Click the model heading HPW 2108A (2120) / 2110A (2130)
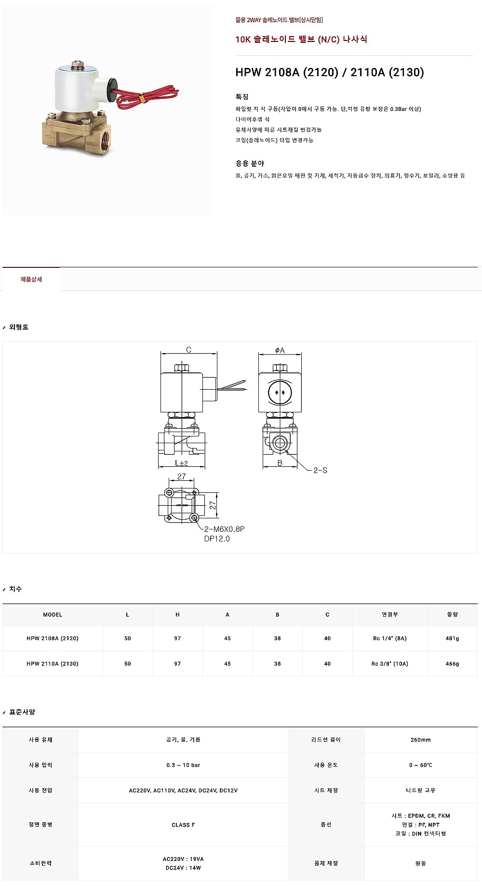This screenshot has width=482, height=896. pyautogui.click(x=330, y=72)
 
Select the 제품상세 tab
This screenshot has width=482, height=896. pyautogui.click(x=31, y=279)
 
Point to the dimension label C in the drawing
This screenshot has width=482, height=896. pyautogui.click(x=188, y=350)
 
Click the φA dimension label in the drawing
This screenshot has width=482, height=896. pyautogui.click(x=280, y=350)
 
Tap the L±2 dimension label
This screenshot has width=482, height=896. pyautogui.click(x=181, y=463)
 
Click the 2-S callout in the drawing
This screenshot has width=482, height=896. pyautogui.click(x=320, y=470)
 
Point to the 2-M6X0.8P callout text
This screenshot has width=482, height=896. pyautogui.click(x=225, y=529)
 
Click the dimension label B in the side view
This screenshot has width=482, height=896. pyautogui.click(x=280, y=463)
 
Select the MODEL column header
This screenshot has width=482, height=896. pyautogui.click(x=53, y=615)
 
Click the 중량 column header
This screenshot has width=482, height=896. pyautogui.click(x=453, y=615)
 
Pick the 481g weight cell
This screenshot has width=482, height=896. pyautogui.click(x=453, y=638)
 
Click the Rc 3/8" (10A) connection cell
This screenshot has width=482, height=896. pyautogui.click(x=390, y=664)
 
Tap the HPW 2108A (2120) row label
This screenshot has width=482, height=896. pyautogui.click(x=53, y=638)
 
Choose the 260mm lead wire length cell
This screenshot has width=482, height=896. pyautogui.click(x=421, y=740)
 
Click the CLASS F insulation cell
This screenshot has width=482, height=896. pyautogui.click(x=183, y=825)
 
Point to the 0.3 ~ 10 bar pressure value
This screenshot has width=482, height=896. pyautogui.click(x=183, y=765)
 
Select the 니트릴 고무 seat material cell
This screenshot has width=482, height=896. pyautogui.click(x=421, y=791)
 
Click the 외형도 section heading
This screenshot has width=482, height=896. pyautogui.click(x=19, y=327)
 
